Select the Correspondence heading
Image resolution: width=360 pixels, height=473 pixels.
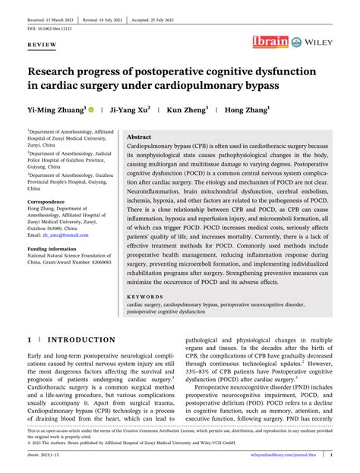click(x=52, y=203)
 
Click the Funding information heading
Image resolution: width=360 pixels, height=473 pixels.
click(x=55, y=248)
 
